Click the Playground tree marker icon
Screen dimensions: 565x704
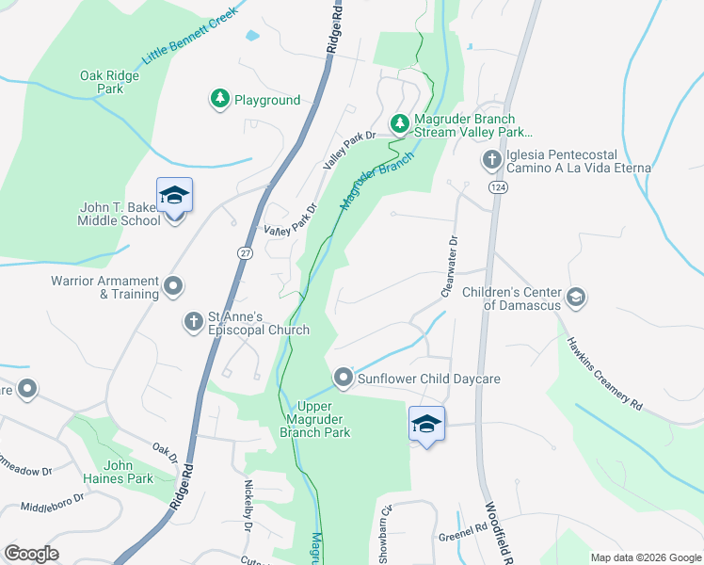219,99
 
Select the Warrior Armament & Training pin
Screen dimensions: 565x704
173,284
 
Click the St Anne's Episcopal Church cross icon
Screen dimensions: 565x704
193,322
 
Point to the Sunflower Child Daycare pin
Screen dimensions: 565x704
344,379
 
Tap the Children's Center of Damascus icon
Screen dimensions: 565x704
577,298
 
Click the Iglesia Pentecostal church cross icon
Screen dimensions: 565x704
491,160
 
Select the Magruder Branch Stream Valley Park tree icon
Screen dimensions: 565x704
399,123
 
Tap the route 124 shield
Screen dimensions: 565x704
494,188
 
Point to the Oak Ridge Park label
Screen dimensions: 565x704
103,82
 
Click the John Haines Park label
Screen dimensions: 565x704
128,472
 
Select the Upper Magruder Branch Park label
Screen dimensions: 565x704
315,419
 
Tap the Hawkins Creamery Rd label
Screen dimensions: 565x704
603,373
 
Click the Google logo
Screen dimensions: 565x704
31,554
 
